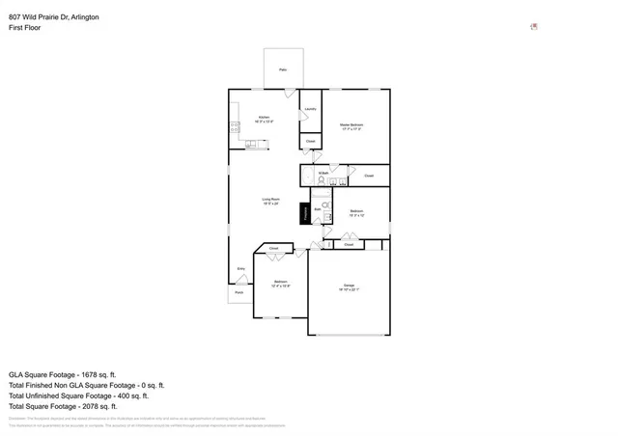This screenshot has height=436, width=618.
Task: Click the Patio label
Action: [283, 70]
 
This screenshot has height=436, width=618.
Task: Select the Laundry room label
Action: [310, 109]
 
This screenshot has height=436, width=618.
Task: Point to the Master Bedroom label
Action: [351, 126]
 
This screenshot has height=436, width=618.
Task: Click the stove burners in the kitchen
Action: [234, 127]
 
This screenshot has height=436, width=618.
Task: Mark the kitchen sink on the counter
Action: [251, 145]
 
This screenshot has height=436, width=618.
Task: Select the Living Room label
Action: [270, 202]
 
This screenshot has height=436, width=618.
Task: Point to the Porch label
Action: [239, 291]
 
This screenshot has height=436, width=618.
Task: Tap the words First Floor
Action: [25, 28]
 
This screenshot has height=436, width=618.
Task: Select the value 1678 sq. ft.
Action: [97, 373]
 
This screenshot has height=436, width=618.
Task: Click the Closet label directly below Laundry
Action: [310, 141]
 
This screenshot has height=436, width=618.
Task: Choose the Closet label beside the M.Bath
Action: [369, 176]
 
